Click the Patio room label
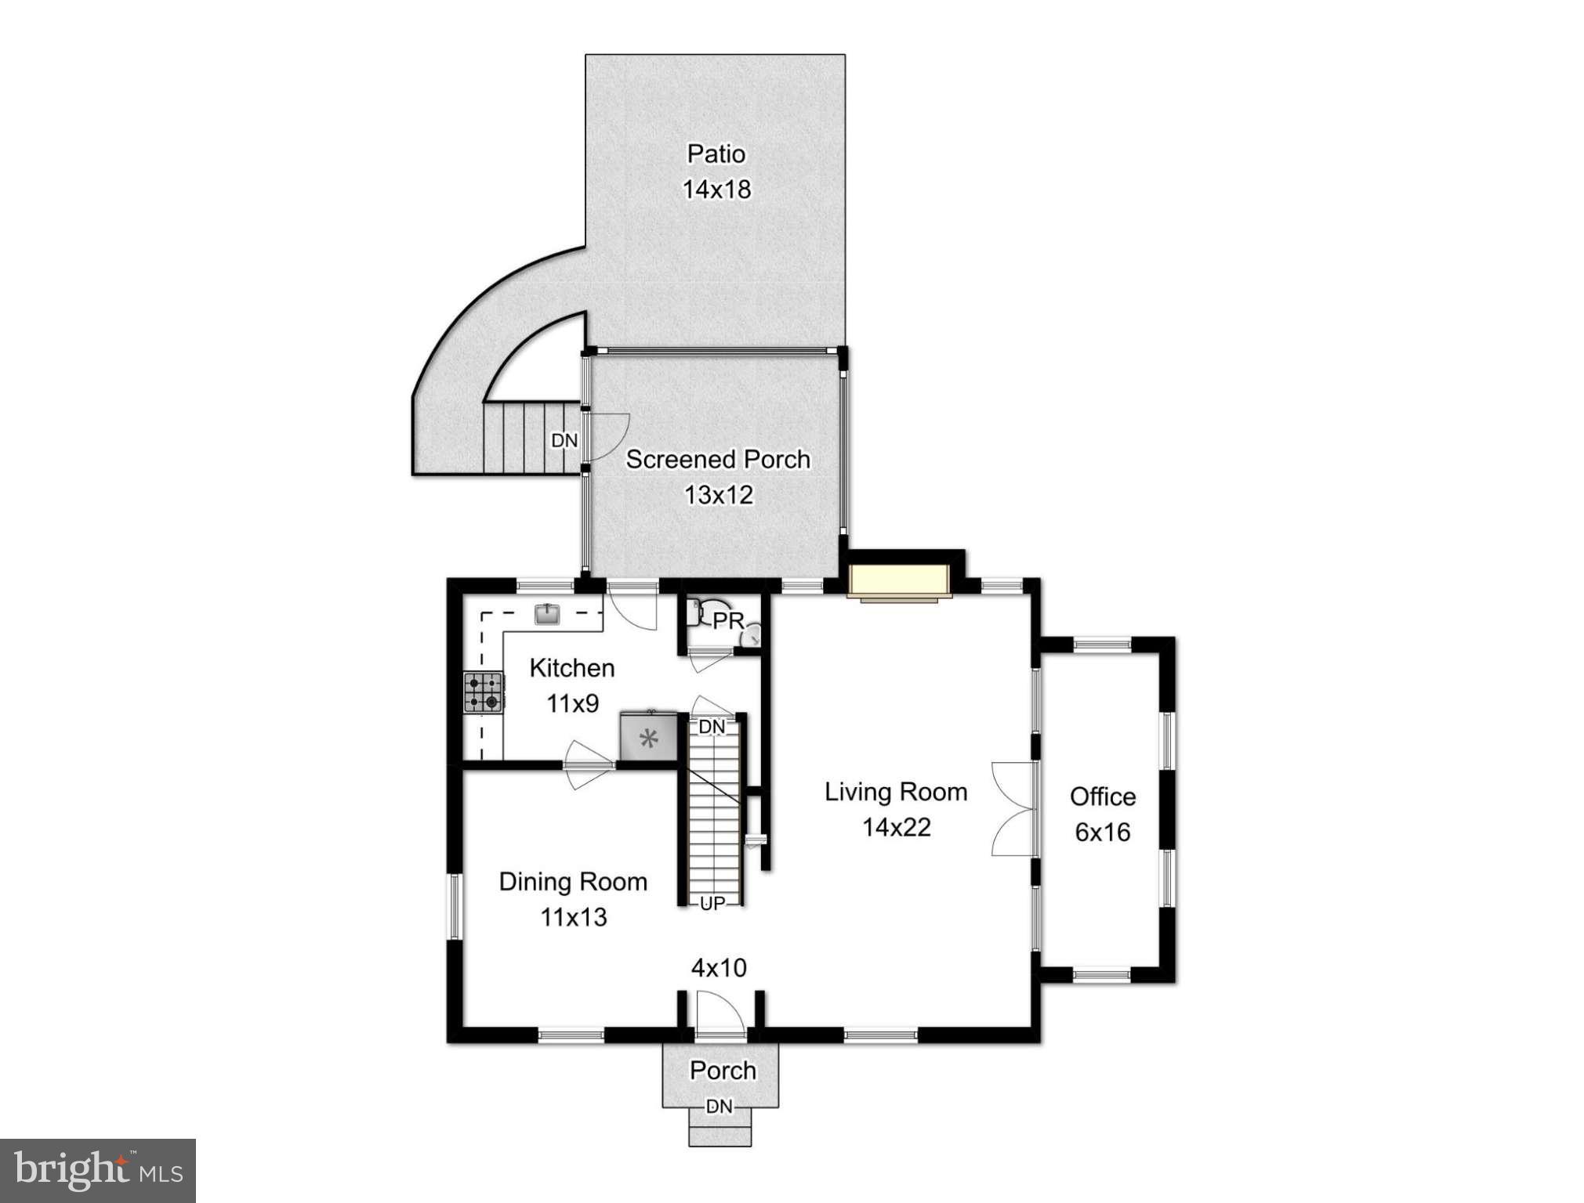click(716, 154)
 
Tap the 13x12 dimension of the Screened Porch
click(718, 495)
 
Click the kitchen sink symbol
click(547, 613)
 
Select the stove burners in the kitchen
click(483, 692)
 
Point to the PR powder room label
click(728, 621)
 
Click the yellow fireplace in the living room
click(899, 581)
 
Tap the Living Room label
click(896, 792)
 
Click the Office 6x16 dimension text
click(1102, 832)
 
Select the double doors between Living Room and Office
click(1014, 808)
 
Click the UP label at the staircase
click(712, 904)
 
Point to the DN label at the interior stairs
click(712, 727)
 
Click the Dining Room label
click(573, 882)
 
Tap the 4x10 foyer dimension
click(719, 968)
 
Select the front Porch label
click(723, 1071)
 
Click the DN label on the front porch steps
click(720, 1106)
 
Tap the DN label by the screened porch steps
click(564, 441)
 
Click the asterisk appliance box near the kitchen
click(648, 737)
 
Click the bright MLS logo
click(98, 1171)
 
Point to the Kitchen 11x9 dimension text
click(572, 704)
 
